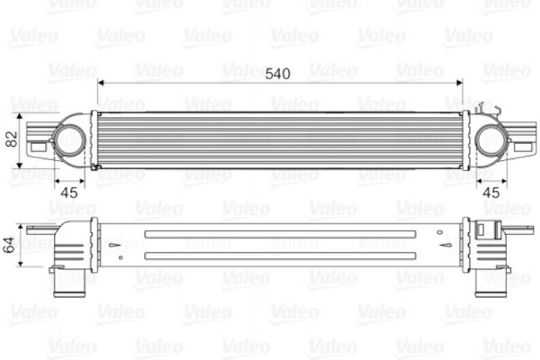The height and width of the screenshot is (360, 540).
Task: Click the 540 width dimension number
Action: pyautogui.click(x=278, y=73)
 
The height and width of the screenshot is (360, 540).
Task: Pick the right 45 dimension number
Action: pyautogui.click(x=491, y=191)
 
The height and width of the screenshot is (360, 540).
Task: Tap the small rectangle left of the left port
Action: pyautogui.click(x=38, y=140)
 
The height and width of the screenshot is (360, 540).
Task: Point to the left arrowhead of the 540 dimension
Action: pyautogui.click(x=102, y=83)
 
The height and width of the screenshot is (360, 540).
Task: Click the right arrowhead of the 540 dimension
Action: pyautogui.click(x=460, y=83)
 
